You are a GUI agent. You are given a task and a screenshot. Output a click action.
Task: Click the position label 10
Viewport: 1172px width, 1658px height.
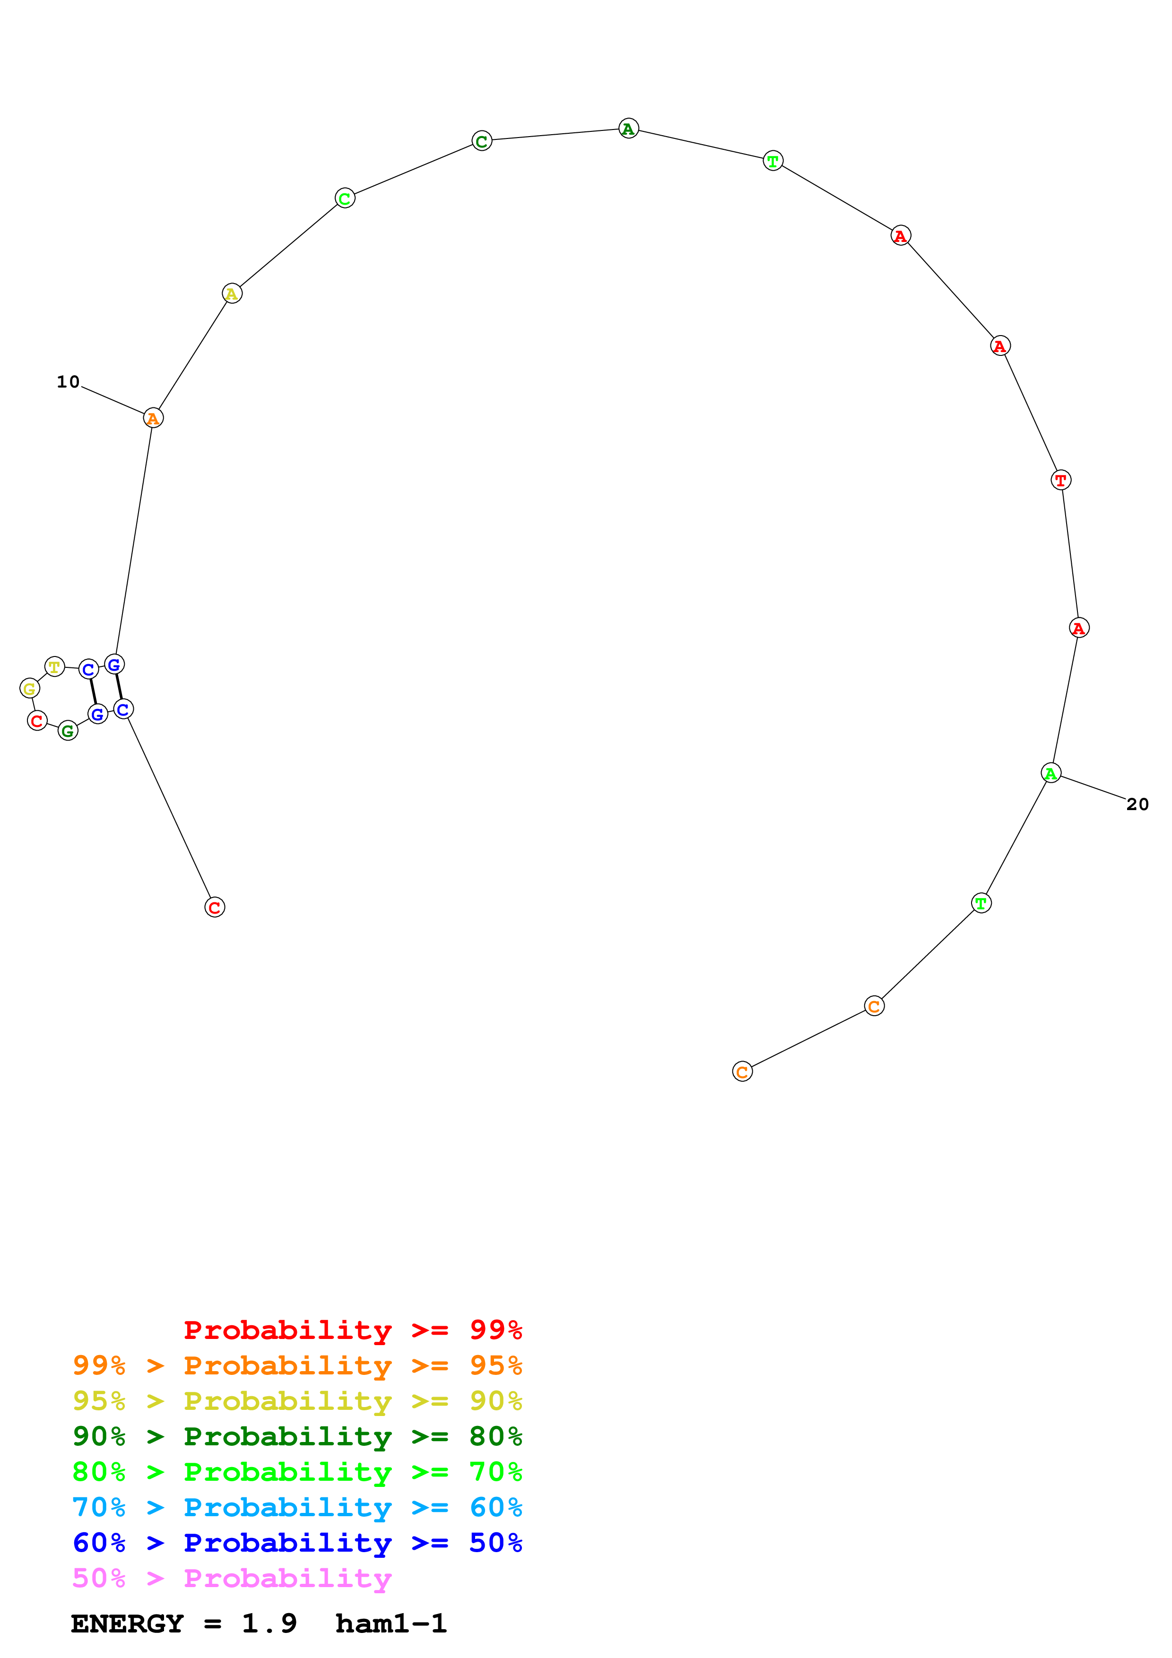coord(69,382)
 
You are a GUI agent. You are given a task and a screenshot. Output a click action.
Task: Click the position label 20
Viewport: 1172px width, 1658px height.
coord(1137,804)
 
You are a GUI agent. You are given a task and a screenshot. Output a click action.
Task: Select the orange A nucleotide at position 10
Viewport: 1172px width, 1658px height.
coord(153,418)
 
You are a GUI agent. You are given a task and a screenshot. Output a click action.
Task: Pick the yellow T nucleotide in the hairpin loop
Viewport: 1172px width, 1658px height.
coord(55,666)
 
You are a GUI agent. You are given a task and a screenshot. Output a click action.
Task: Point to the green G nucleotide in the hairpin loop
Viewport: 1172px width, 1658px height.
coord(68,731)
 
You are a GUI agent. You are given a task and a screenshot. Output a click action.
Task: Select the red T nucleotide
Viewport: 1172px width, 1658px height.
coord(1060,480)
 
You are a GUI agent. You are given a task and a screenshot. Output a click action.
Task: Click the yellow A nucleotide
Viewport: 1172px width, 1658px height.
coord(232,294)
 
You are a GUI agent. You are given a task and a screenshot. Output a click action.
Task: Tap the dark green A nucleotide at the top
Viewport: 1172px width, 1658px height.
coord(628,129)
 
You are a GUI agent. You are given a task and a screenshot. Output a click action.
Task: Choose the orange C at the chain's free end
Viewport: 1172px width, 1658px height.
coord(742,1071)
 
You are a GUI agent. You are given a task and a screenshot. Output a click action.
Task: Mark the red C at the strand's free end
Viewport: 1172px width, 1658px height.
coord(215,907)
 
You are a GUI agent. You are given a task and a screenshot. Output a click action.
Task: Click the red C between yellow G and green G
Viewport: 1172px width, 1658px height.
coord(37,721)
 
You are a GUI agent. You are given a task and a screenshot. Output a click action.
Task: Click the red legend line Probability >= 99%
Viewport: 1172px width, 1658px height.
coord(352,1330)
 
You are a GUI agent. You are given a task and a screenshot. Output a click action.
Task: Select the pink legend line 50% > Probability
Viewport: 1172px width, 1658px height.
coord(232,1579)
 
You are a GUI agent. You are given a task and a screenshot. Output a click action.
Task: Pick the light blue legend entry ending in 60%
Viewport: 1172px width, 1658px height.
coord(297,1508)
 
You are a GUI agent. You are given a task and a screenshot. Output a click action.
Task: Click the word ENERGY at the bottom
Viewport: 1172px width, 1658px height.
coord(127,1624)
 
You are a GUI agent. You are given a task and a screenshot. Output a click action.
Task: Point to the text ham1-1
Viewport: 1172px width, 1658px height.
coord(391,1624)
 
